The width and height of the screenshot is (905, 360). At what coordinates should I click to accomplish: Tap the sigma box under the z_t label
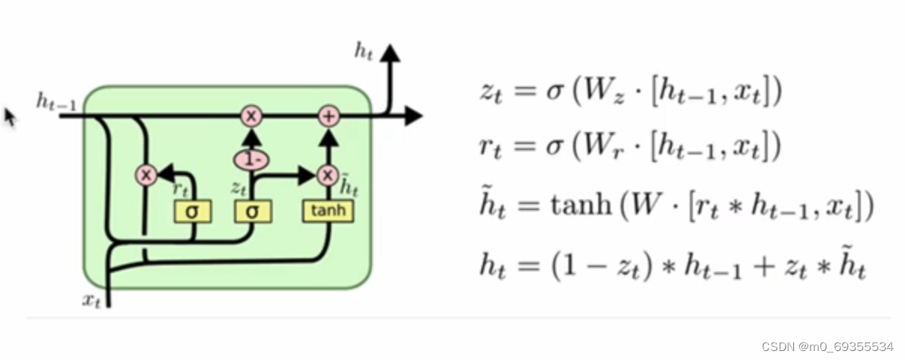[x=252, y=211]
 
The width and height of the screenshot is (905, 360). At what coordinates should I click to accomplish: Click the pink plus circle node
[x=328, y=116]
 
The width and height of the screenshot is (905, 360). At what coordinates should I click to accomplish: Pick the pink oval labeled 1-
[x=252, y=159]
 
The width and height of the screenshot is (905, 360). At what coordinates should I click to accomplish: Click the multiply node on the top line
[x=252, y=116]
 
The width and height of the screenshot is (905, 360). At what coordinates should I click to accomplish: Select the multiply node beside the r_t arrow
[x=145, y=175]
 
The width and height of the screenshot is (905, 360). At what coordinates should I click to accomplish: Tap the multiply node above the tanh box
[x=328, y=175]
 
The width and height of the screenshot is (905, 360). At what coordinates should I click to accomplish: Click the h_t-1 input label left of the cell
[x=56, y=102]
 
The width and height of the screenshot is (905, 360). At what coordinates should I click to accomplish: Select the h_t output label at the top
[x=364, y=51]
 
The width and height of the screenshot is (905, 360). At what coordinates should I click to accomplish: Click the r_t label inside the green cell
[x=181, y=190]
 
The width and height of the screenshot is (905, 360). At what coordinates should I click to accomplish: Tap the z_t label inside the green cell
[x=239, y=186]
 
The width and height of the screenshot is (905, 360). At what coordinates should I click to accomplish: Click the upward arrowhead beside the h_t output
[x=390, y=53]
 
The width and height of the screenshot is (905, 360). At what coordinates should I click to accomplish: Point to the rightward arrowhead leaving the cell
[x=413, y=116]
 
